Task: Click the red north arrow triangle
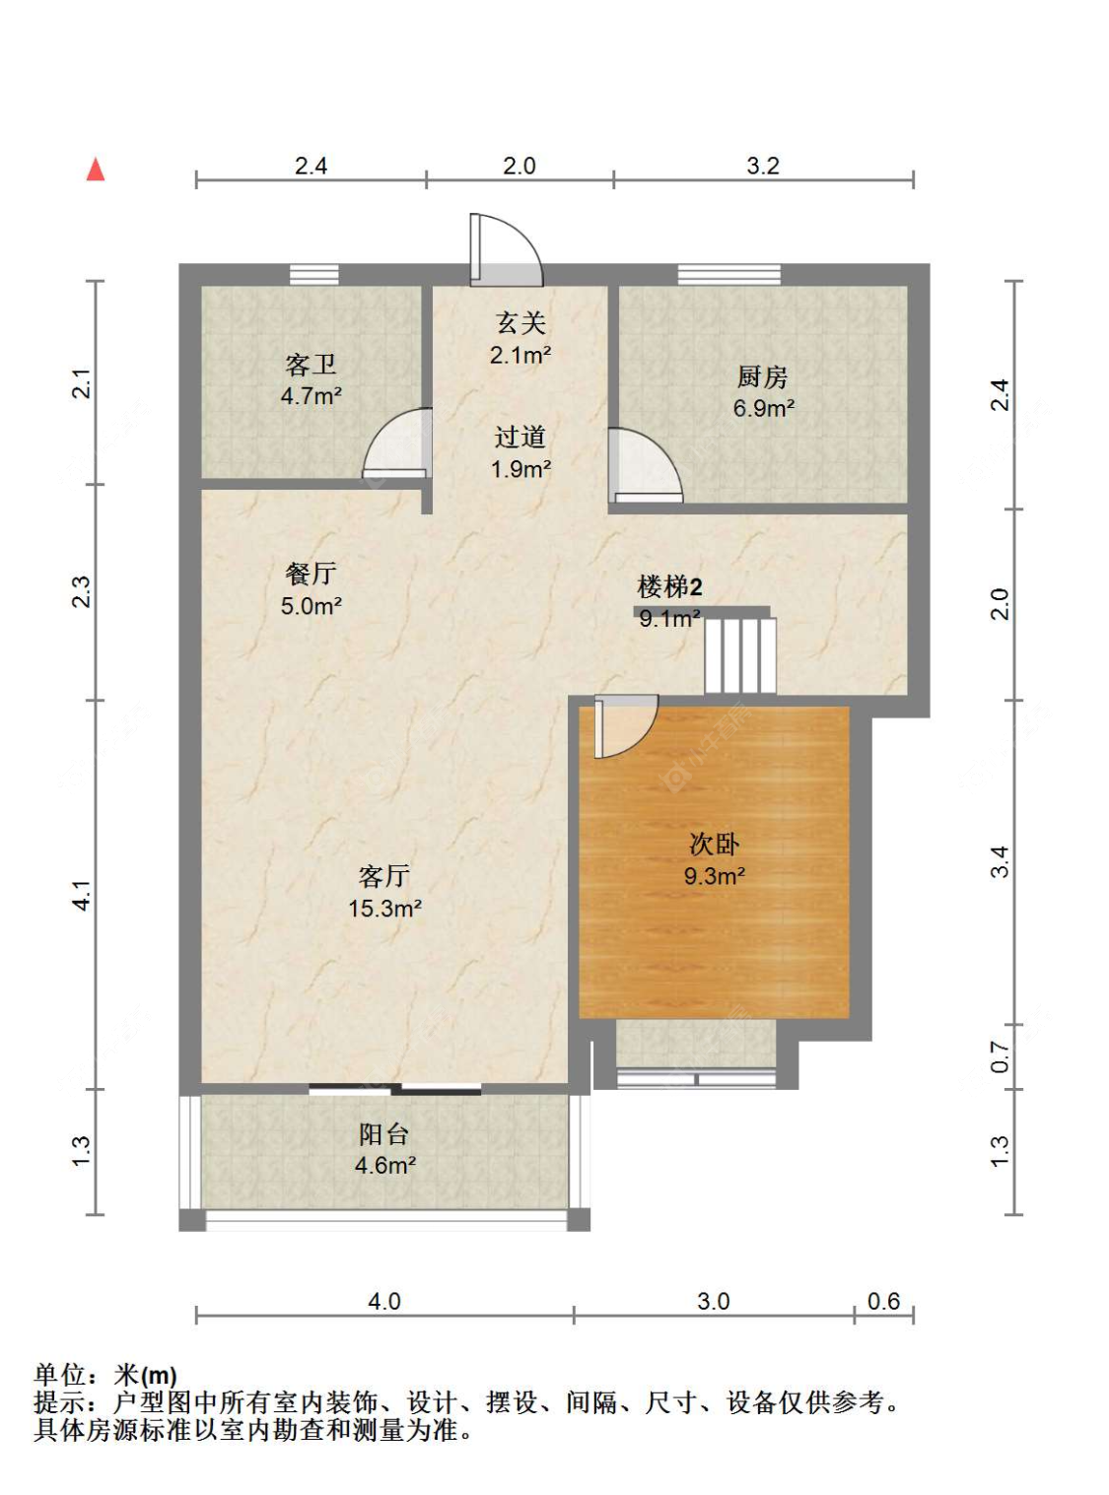click(96, 170)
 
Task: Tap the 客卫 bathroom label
click(311, 365)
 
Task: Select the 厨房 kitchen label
click(762, 376)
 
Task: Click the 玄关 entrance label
click(520, 322)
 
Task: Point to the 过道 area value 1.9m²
click(520, 469)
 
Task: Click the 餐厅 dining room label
click(311, 574)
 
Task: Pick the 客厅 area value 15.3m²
click(384, 909)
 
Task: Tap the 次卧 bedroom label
click(714, 844)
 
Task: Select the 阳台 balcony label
click(383, 1133)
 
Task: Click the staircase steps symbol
click(740, 655)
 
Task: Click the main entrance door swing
click(506, 249)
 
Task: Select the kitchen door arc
click(644, 464)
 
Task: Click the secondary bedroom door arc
click(626, 726)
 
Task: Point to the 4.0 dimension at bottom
click(383, 1301)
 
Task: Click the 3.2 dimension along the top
click(762, 166)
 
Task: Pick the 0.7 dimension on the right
click(1000, 1057)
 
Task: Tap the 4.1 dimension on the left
click(81, 895)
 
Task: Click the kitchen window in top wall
click(728, 274)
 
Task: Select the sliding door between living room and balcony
click(394, 1089)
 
